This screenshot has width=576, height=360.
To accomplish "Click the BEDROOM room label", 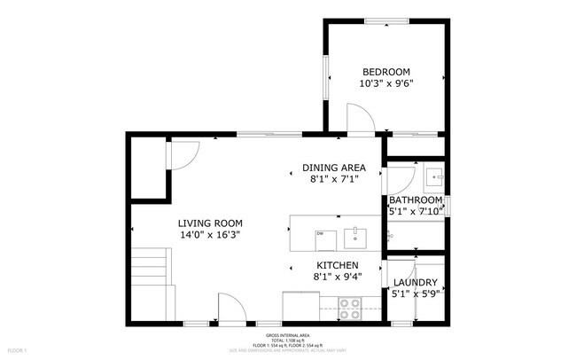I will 386,72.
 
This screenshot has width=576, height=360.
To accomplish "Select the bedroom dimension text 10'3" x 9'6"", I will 386,83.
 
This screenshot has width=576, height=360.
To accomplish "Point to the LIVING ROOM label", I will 210,223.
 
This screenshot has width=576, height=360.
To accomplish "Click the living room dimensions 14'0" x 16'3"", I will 210,235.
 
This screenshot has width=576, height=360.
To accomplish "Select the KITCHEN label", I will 338,265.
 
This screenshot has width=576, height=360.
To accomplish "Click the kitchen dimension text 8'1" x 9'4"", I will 338,277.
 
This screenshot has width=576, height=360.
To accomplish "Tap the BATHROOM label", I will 416,200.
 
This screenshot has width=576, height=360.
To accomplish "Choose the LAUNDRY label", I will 416,282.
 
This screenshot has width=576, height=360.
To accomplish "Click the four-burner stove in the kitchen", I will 350,308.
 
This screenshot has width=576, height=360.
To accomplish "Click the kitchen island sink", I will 354,235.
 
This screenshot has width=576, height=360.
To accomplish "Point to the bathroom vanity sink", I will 433,177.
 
